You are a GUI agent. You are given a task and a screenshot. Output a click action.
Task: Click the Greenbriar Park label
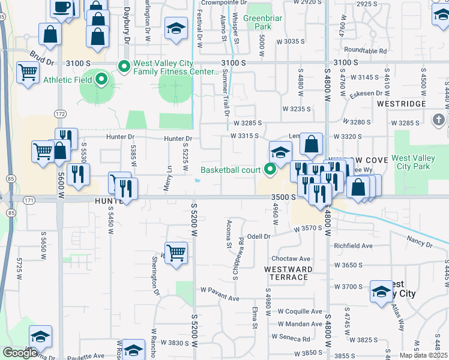(264, 23)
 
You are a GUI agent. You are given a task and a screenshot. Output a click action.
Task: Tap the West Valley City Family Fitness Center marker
(125, 66)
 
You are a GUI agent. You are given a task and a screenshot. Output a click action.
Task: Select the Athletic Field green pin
(101, 79)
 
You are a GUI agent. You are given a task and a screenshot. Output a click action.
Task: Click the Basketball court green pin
(270, 170)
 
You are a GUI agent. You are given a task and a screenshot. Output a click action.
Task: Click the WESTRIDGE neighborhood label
(402, 104)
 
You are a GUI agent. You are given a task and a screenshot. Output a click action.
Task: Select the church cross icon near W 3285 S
(439, 119)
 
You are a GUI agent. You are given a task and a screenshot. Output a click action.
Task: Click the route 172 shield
(59, 113)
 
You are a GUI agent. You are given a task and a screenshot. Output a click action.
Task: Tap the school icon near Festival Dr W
(176, 29)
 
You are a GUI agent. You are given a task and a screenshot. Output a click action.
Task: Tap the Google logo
(20, 353)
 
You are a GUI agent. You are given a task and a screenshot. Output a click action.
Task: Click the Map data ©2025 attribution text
(423, 355)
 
